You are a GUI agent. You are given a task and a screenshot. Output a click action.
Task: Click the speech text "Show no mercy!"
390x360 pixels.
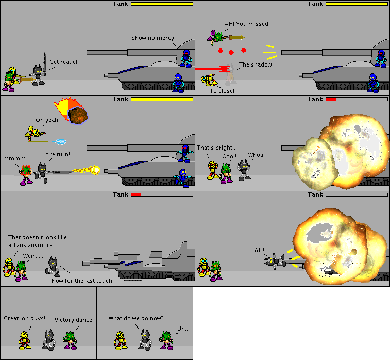click(154, 38)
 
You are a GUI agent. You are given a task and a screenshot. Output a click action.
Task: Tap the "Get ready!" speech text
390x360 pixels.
click(63, 62)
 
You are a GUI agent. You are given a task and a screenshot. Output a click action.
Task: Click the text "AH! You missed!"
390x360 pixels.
click(247, 24)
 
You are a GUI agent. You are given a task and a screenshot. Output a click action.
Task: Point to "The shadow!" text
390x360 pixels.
click(256, 64)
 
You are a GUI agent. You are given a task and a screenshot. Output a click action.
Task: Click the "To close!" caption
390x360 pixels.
click(222, 91)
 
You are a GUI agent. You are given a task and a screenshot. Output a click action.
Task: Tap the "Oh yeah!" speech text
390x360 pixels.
click(47, 120)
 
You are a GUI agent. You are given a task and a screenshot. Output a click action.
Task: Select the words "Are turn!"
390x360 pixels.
click(58, 154)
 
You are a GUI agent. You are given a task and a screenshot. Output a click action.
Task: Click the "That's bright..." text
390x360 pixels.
click(217, 148)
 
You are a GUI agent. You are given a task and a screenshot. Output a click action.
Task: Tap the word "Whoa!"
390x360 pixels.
click(257, 155)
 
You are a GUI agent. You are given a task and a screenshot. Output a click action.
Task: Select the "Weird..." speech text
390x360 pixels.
click(33, 255)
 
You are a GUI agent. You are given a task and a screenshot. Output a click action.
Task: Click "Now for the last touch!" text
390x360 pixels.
click(82, 280)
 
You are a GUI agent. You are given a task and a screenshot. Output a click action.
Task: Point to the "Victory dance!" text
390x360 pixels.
click(74, 320)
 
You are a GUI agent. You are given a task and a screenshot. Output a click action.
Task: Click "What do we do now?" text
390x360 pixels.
click(136, 318)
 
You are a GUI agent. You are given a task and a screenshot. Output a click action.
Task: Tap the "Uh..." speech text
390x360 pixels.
click(183, 329)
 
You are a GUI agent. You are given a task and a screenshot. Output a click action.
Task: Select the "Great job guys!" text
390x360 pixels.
click(25, 318)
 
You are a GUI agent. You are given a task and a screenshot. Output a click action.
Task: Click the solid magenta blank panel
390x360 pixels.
click(291, 323)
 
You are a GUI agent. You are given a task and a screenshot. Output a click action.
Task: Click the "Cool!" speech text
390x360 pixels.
click(229, 156)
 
